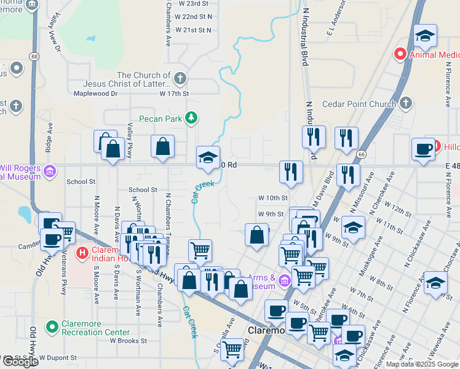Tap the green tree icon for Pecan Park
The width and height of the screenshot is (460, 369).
[192, 117]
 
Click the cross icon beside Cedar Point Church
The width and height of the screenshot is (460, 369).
[405, 103]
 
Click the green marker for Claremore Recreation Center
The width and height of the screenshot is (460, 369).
[52, 325]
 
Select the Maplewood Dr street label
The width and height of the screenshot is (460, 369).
[95, 93]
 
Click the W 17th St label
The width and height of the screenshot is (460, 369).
[174, 93]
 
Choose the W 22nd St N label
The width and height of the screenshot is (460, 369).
[193, 17]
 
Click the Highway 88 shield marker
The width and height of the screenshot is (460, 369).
[33, 57]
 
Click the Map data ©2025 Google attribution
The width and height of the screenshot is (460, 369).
[421, 364]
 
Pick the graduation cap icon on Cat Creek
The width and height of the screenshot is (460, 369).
[208, 158]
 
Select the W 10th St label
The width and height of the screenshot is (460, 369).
[273, 198]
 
